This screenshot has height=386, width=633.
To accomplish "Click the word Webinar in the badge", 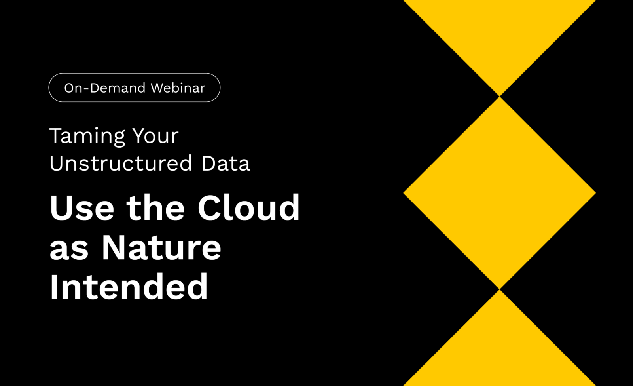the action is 178,88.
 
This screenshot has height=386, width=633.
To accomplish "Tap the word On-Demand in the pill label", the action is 104,88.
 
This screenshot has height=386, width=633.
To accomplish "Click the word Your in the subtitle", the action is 156,136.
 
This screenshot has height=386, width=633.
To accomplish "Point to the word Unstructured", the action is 121,163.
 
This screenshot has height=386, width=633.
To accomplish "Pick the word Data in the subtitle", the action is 226,163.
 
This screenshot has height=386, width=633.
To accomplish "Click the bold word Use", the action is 82,207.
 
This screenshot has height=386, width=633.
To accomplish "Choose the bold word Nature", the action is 161,247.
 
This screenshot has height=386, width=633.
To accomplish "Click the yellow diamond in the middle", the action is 499,193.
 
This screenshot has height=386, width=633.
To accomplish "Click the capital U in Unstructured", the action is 57,163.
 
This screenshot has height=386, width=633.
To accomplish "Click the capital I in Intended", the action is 54,287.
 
